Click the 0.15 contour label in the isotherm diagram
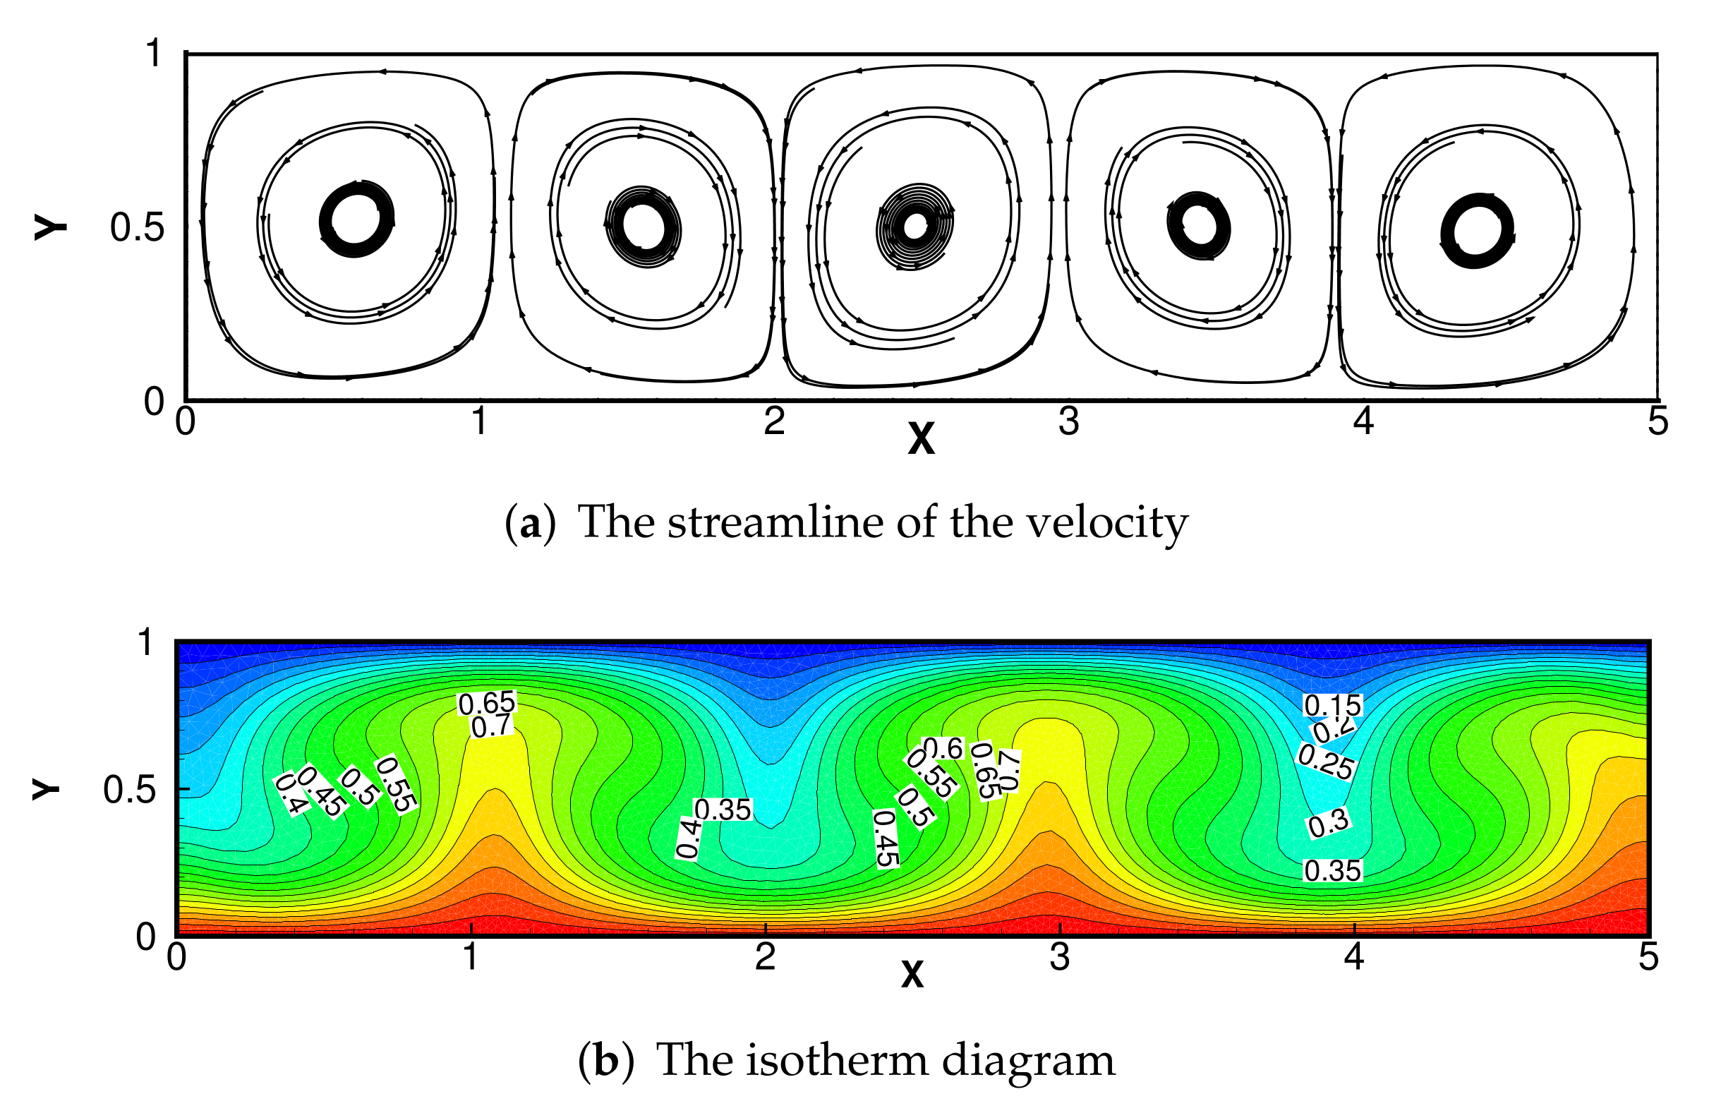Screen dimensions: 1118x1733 pyautogui.click(x=1332, y=705)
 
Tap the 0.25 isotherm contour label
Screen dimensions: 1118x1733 pyautogui.click(x=1325, y=762)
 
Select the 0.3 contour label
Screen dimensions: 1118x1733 pyautogui.click(x=1329, y=824)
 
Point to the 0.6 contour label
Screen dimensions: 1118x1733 pyautogui.click(x=943, y=748)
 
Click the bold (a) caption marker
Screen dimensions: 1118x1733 pyautogui.click(x=530, y=523)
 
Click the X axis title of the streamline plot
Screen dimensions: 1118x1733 pyautogui.click(x=921, y=438)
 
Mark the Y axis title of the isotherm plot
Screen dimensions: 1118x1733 pyautogui.click(x=45, y=788)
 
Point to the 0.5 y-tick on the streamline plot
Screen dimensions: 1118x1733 pyautogui.click(x=137, y=227)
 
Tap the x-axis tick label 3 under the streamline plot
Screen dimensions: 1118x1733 pyautogui.click(x=1068, y=422)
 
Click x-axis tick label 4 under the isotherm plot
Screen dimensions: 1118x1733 pyautogui.click(x=1354, y=958)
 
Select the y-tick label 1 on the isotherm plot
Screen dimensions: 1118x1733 pyautogui.click(x=145, y=643)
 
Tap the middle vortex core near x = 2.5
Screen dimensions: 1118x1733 pyautogui.click(x=915, y=227)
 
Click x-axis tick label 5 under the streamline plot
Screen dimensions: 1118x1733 pyautogui.click(x=1657, y=422)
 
